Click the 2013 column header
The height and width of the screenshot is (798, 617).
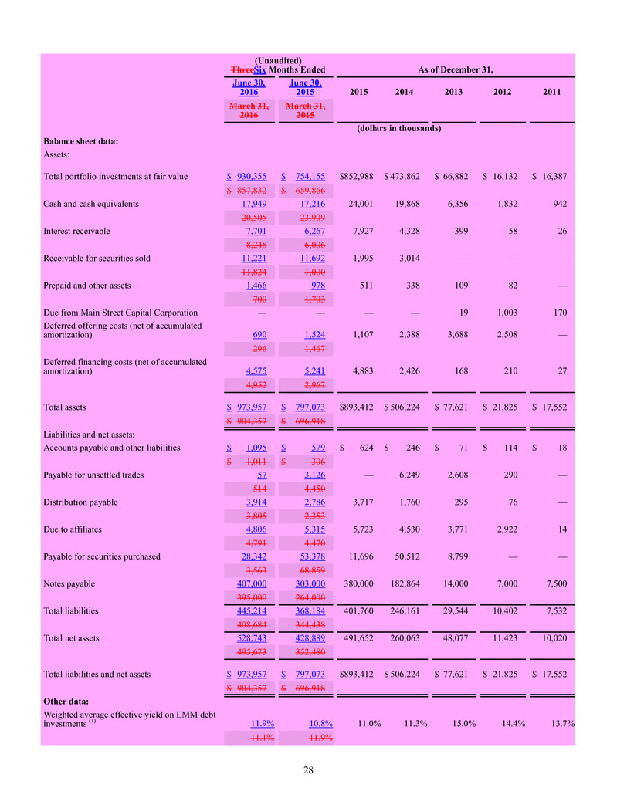pos(453,93)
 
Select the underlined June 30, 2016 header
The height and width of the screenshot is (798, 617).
pos(247,87)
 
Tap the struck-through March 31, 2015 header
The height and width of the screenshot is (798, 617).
pos(305,110)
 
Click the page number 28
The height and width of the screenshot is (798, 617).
pos(308,769)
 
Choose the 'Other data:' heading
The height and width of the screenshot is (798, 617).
pos(67,701)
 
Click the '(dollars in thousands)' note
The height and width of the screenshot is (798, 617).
pos(398,128)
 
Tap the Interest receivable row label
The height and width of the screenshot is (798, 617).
pos(77,231)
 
